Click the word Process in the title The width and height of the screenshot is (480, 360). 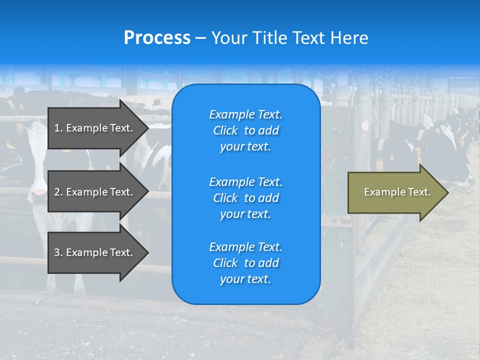click(x=157, y=38)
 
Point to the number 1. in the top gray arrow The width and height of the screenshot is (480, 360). click(x=58, y=128)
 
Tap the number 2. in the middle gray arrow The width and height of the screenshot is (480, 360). click(x=58, y=192)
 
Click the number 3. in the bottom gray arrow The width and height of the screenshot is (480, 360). click(x=58, y=252)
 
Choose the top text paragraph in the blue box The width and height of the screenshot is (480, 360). click(x=245, y=130)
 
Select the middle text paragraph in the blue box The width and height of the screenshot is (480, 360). click(x=245, y=198)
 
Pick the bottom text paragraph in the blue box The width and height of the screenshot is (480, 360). click(x=245, y=263)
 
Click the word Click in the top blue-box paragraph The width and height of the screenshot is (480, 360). click(x=225, y=130)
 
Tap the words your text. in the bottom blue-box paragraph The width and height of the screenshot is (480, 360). click(x=245, y=279)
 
